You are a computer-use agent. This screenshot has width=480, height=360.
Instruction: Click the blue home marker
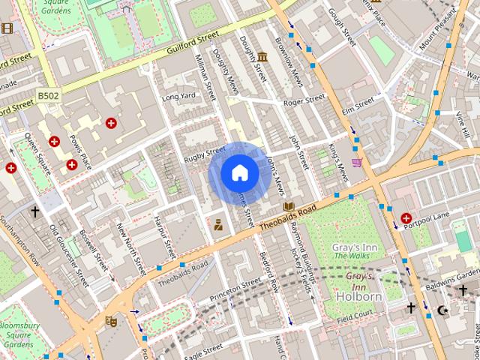pyautogui.click(x=239, y=173)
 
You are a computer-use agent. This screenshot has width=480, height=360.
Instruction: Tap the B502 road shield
pyautogui.click(x=49, y=96)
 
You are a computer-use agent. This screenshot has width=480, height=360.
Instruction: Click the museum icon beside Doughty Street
pyautogui.click(x=262, y=58)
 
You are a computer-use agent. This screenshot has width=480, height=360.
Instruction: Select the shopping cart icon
pyautogui.click(x=358, y=163)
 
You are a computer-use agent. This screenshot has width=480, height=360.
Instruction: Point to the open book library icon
pyautogui.click(x=289, y=206)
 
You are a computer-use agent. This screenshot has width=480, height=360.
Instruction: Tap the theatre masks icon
pyautogui.click(x=112, y=321)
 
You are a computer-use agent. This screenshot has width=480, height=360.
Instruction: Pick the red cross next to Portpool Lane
pyautogui.click(x=406, y=217)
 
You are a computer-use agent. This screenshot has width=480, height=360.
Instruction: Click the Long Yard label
pyautogui.click(x=178, y=97)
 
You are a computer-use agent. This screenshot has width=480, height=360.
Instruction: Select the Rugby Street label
pyautogui.click(x=205, y=154)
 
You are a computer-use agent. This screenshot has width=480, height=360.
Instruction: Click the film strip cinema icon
pyautogui.click(x=7, y=28)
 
